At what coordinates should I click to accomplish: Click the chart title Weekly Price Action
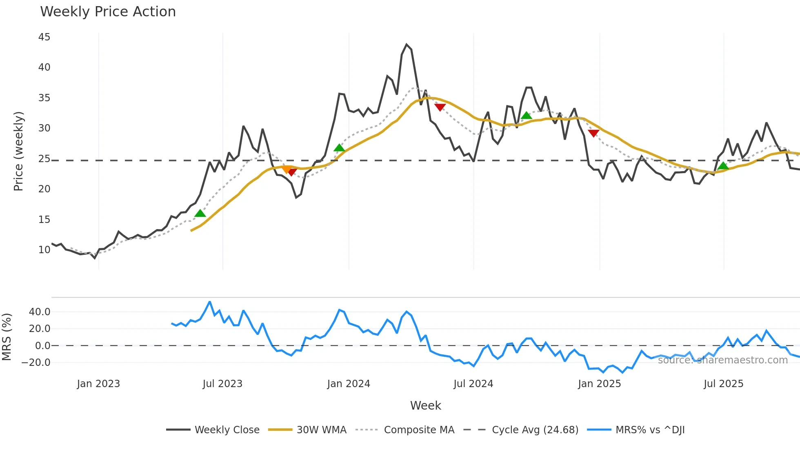click(x=108, y=12)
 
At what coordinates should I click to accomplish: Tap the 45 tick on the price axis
click(x=44, y=37)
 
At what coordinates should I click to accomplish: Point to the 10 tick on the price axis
click(x=44, y=250)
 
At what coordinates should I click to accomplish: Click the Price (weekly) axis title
click(x=18, y=151)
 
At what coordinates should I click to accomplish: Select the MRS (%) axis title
click(x=7, y=337)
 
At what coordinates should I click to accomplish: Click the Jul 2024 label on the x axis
click(x=473, y=384)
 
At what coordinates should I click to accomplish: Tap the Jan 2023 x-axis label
click(x=98, y=384)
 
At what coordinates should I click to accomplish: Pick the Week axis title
click(x=425, y=405)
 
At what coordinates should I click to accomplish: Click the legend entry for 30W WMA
click(x=321, y=430)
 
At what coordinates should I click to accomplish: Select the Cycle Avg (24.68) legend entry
click(x=535, y=430)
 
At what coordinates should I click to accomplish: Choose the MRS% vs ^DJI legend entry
click(x=650, y=430)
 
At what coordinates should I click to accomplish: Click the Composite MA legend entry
click(x=419, y=430)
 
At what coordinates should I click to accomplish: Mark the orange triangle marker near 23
click(x=287, y=169)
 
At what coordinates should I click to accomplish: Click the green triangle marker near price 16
click(x=200, y=213)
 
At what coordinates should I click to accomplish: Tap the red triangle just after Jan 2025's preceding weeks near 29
click(x=593, y=133)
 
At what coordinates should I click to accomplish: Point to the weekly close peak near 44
click(x=407, y=45)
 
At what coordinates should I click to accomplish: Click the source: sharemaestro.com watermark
click(x=722, y=360)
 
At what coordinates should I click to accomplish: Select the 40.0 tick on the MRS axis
click(x=40, y=312)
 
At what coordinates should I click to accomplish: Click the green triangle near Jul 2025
click(x=723, y=166)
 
